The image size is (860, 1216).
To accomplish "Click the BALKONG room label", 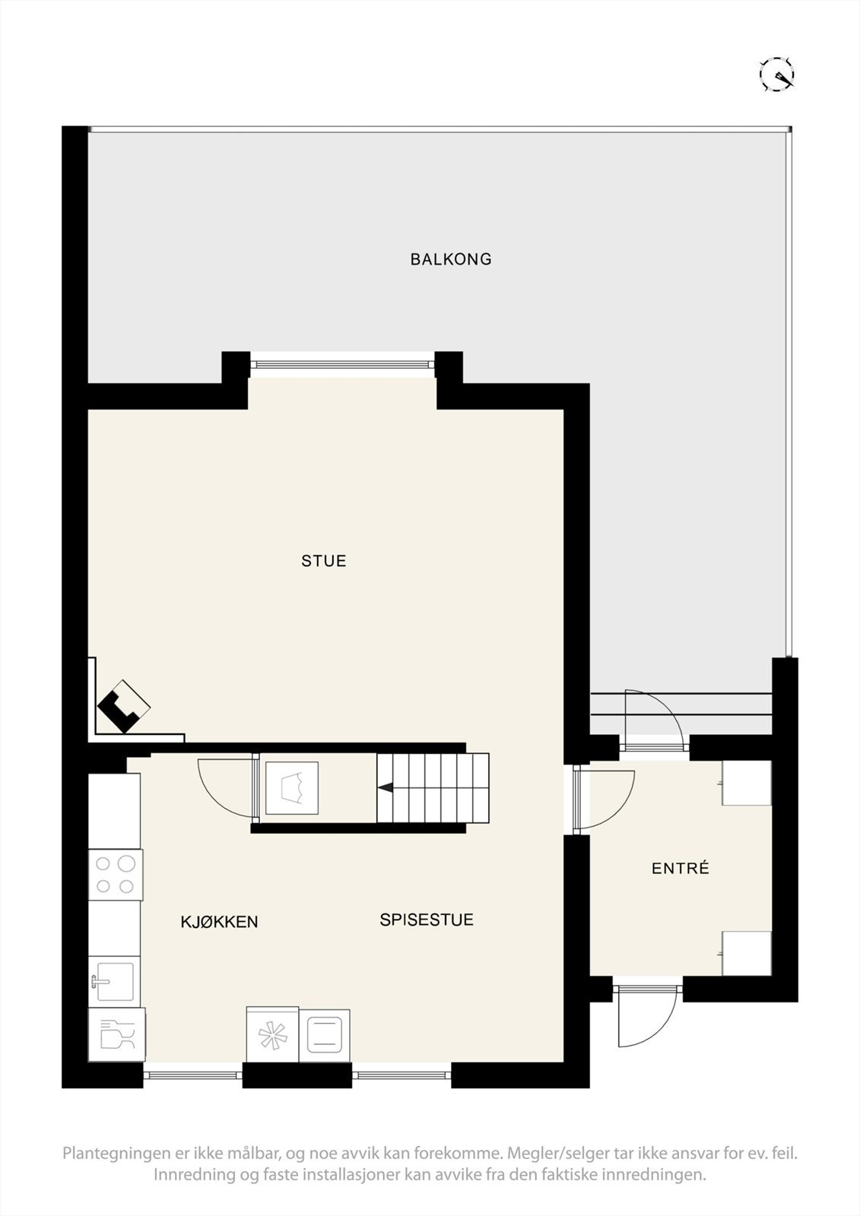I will click(451, 259).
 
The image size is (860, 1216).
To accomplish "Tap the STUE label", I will click(324, 561).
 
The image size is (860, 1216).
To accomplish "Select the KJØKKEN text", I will click(219, 922).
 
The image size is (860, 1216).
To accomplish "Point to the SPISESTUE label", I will click(427, 920).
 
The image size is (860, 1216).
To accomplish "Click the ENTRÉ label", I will click(681, 868).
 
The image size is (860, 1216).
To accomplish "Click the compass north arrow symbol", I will click(777, 74).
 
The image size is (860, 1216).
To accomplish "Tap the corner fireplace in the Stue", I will click(124, 706).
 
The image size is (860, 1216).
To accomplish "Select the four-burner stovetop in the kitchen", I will click(116, 875).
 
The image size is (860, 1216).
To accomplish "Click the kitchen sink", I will click(114, 980).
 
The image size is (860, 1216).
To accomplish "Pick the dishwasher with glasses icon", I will click(116, 1034).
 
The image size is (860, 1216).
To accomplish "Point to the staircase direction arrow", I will click(386, 788).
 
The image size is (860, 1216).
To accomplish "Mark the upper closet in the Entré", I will click(747, 782).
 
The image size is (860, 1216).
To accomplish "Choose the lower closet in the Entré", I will click(747, 953).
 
